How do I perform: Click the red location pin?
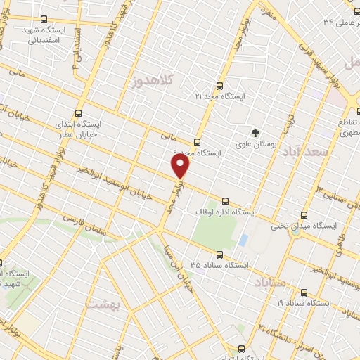pos(181,165)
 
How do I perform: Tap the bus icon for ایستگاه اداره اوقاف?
pos(225,201)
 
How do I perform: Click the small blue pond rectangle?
pos(243,240)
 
